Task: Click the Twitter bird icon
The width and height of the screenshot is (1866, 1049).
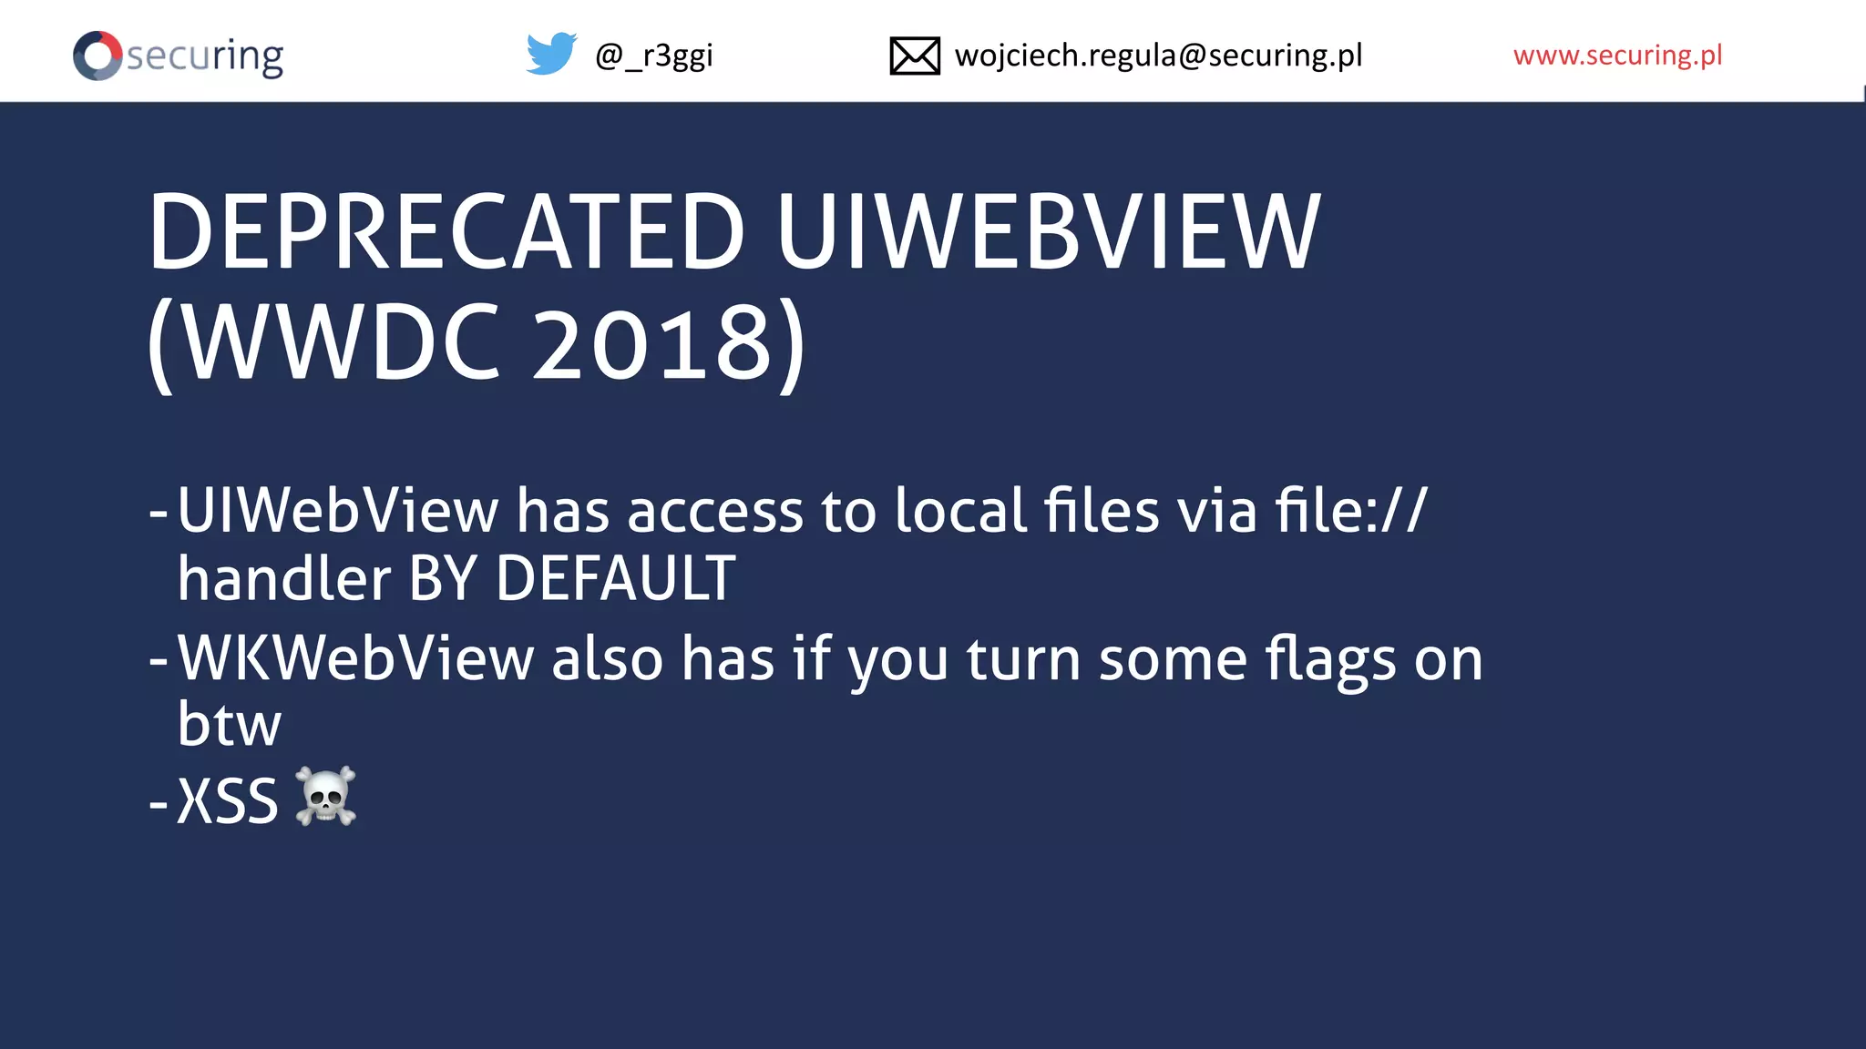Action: click(551, 54)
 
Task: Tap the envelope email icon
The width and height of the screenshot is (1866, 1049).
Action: click(915, 56)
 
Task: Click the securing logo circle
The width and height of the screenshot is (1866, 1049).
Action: click(97, 56)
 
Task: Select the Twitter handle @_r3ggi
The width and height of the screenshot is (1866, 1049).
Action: click(653, 56)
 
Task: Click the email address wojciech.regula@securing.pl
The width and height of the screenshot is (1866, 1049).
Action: click(1158, 56)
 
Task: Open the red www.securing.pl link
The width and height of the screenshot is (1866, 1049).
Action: click(1617, 56)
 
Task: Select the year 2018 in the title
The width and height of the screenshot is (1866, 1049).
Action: click(652, 343)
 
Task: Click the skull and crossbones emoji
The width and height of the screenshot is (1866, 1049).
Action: click(326, 797)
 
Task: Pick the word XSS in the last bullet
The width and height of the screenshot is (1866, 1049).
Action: click(227, 801)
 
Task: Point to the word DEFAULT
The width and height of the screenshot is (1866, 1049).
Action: click(615, 578)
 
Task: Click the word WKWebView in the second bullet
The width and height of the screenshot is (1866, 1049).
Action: click(355, 658)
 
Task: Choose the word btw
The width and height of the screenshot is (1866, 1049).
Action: click(230, 725)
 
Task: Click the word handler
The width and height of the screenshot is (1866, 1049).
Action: click(284, 578)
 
